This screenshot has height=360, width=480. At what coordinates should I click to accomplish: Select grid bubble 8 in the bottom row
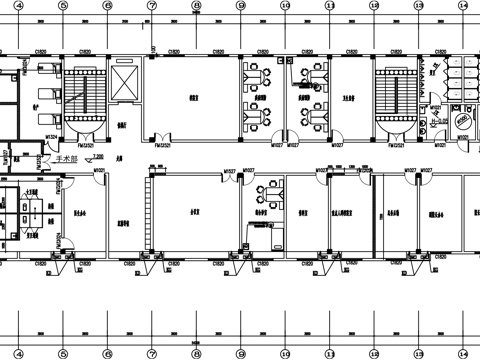click(x=196, y=352)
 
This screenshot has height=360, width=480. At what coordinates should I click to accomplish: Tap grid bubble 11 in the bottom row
click(x=329, y=352)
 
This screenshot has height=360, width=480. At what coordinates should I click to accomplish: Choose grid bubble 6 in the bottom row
click(x=107, y=352)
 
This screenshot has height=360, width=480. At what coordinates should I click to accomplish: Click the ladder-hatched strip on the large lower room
click(x=149, y=210)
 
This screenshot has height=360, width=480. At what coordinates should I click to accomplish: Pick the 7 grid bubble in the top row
click(x=151, y=6)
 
